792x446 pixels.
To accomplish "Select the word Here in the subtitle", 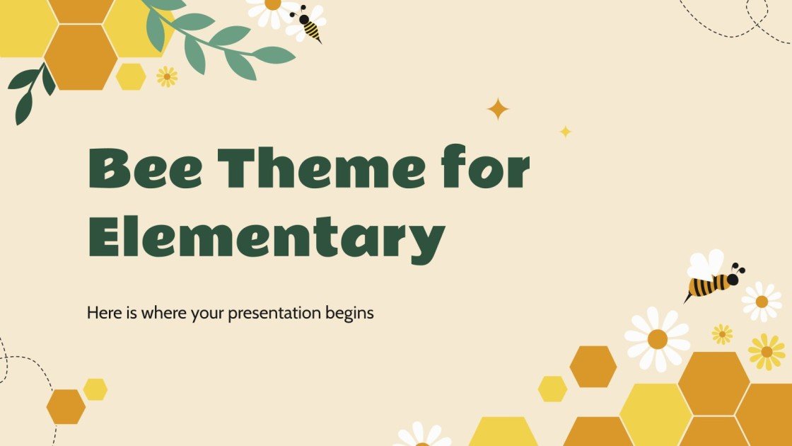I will tap(103, 312).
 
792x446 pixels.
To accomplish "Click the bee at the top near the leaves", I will tap(308, 23).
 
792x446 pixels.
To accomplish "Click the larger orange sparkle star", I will tap(498, 109).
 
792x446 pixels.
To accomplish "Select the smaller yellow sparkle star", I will tap(565, 131).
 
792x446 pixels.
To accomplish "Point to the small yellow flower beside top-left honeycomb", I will tap(167, 76).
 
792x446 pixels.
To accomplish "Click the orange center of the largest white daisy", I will tap(657, 339).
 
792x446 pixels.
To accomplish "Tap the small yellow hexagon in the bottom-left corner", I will tap(95, 389).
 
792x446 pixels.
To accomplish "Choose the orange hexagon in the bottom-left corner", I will tap(66, 406).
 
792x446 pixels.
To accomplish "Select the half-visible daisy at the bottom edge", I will tap(422, 435).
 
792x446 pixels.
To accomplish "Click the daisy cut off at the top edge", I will tap(272, 8).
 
